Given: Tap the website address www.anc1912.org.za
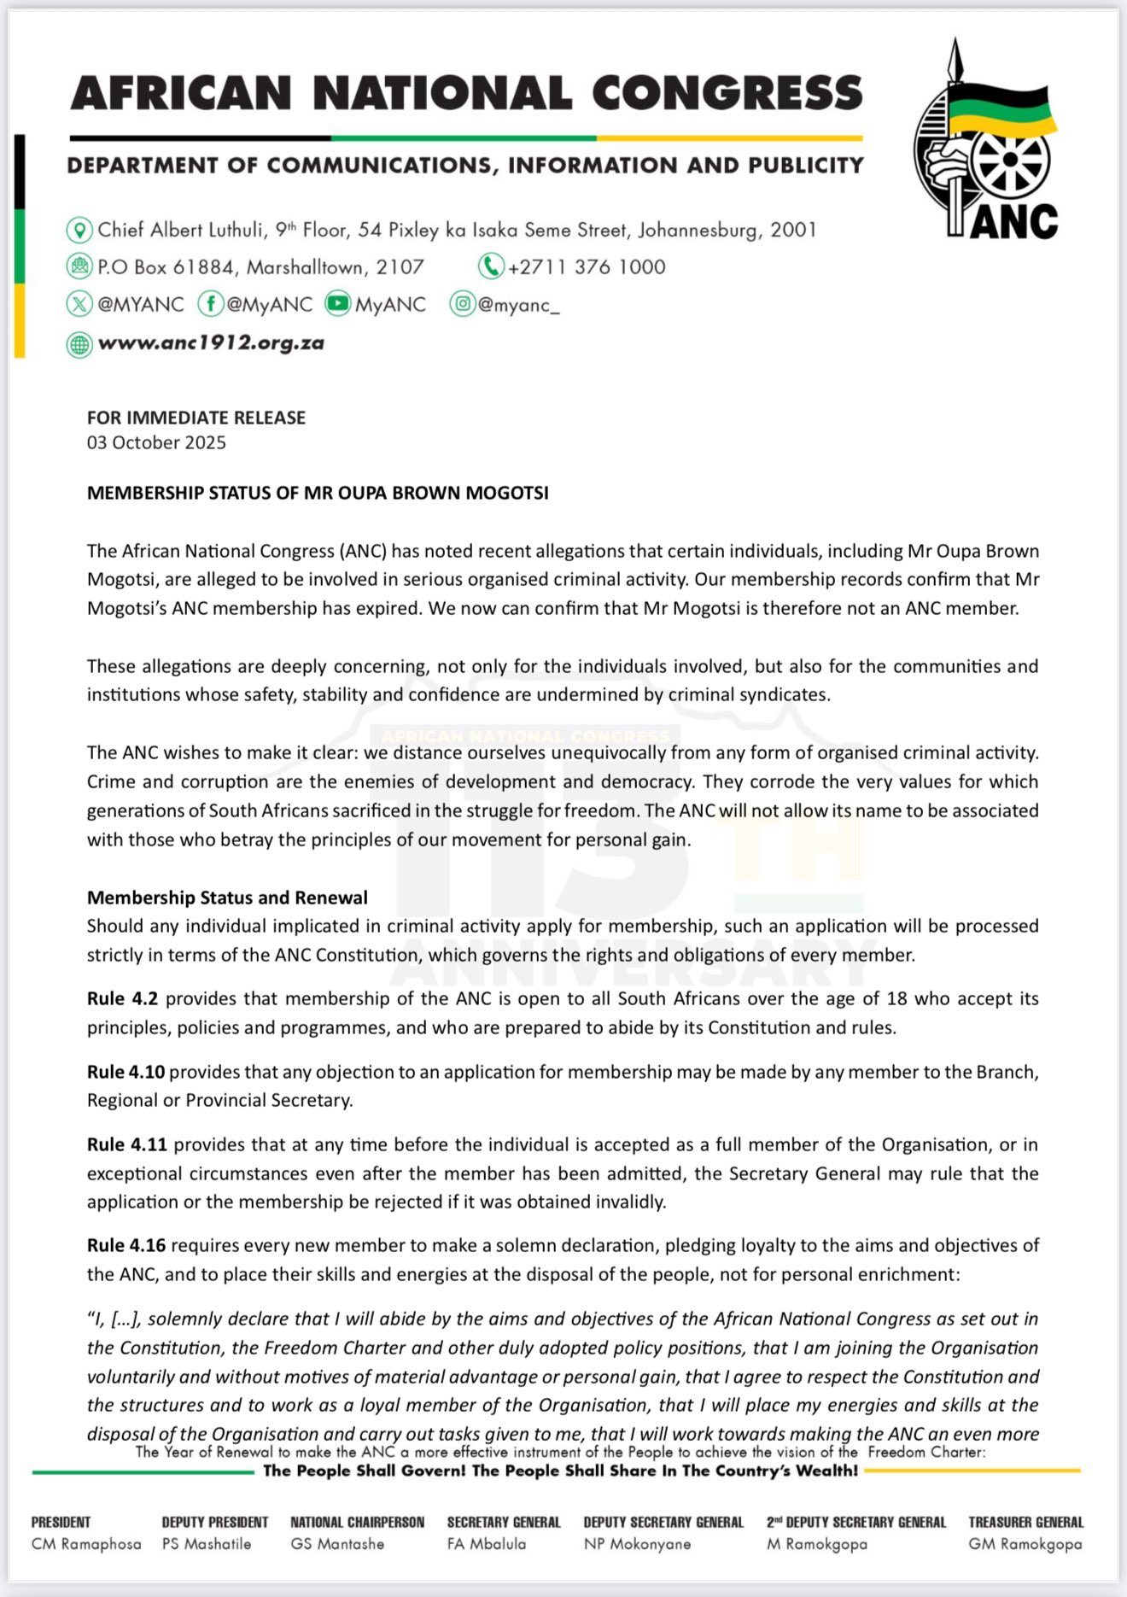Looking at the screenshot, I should [211, 343].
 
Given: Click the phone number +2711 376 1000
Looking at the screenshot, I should [586, 267].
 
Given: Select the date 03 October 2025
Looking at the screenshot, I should [156, 442].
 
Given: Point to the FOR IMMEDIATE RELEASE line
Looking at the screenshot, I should [196, 418].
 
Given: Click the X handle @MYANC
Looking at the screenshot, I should [140, 305].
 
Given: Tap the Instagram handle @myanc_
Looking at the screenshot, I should [518, 305].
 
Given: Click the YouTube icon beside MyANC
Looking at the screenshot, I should [338, 303].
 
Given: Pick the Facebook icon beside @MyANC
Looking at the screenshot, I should [210, 304].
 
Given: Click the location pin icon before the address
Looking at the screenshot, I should [79, 230].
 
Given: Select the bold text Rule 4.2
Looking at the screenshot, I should [122, 998].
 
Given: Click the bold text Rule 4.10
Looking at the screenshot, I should [126, 1072].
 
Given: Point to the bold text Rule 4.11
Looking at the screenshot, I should [126, 1144].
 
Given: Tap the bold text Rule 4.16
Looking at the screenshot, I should [126, 1245].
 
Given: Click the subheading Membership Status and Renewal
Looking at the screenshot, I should [227, 898].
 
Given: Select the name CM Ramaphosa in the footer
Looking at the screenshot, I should [86, 1544].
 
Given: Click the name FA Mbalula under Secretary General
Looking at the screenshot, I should [486, 1544].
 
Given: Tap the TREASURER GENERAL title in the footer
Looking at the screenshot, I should [1025, 1522].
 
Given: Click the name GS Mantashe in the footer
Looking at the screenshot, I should [337, 1544].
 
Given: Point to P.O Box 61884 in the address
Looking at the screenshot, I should [166, 267].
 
